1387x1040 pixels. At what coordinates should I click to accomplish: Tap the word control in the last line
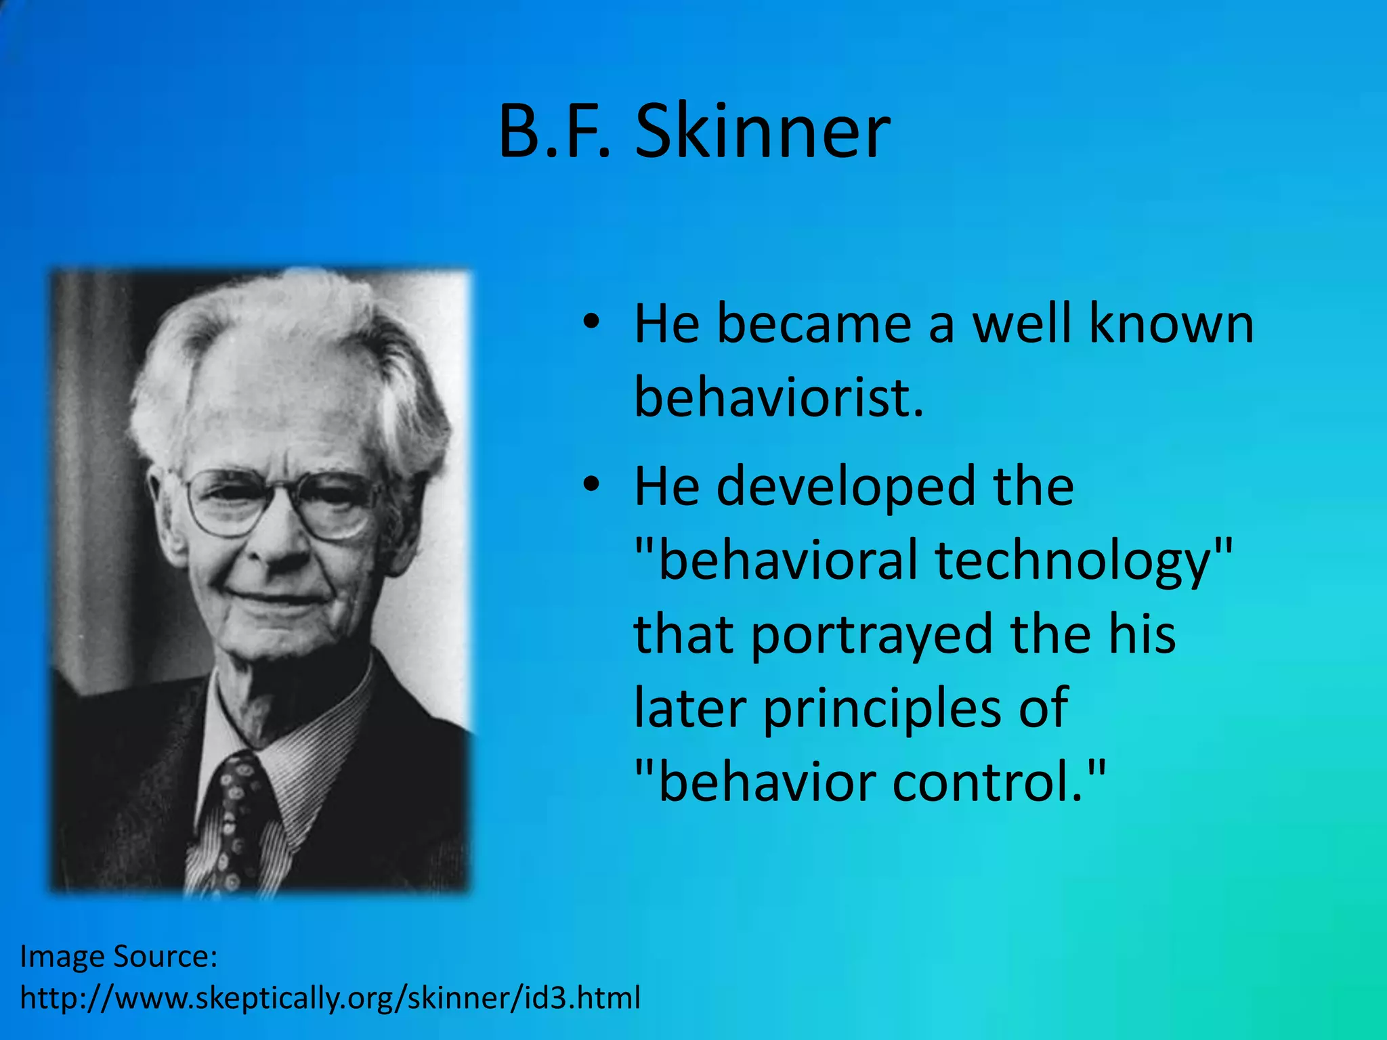click(x=996, y=783)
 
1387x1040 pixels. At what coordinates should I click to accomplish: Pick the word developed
click(x=847, y=486)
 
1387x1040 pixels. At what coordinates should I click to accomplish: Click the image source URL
click(x=330, y=998)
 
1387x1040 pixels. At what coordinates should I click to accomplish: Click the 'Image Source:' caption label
click(x=119, y=957)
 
